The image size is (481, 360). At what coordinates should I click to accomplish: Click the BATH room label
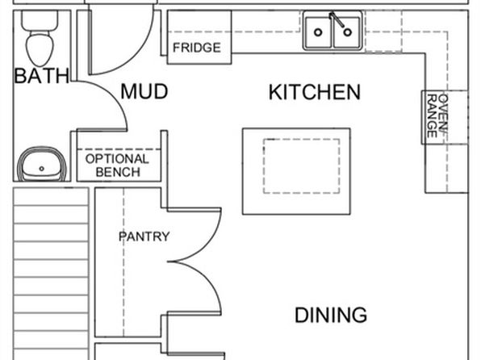tap(42, 76)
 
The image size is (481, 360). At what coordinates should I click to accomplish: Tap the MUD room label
tap(144, 91)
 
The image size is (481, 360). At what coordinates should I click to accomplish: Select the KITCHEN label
tap(315, 92)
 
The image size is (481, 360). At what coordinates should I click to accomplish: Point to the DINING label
tap(331, 315)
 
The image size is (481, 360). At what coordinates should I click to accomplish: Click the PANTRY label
tap(144, 237)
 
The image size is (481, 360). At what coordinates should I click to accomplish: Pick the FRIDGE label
tap(197, 48)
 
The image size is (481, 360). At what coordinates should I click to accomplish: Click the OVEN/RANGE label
tap(437, 116)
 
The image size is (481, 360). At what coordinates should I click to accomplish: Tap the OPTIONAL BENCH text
tap(118, 165)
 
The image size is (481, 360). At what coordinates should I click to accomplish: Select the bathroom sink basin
tap(42, 165)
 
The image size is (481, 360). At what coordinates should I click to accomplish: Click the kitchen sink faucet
tap(337, 20)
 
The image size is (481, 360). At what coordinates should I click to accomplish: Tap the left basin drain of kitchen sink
tap(318, 32)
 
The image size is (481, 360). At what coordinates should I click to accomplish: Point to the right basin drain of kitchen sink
tap(347, 32)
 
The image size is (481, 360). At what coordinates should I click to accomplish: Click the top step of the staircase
tap(51, 197)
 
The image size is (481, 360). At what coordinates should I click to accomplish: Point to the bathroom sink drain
tap(42, 169)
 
